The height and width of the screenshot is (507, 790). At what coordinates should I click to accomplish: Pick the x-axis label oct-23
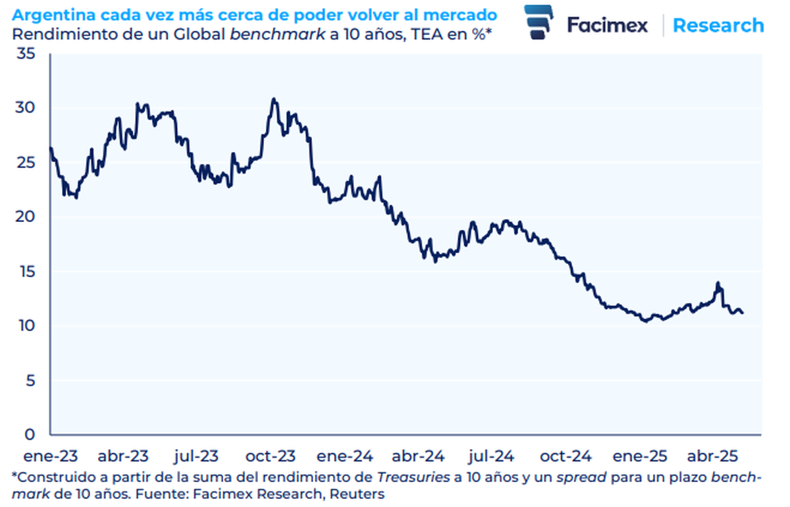271,456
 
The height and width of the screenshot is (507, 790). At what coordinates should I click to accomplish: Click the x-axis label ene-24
346,456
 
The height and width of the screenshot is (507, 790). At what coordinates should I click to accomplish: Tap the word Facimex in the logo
607,26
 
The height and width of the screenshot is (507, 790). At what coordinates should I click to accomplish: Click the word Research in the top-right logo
718,26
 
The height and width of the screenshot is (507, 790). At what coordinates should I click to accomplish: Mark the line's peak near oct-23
274,99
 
